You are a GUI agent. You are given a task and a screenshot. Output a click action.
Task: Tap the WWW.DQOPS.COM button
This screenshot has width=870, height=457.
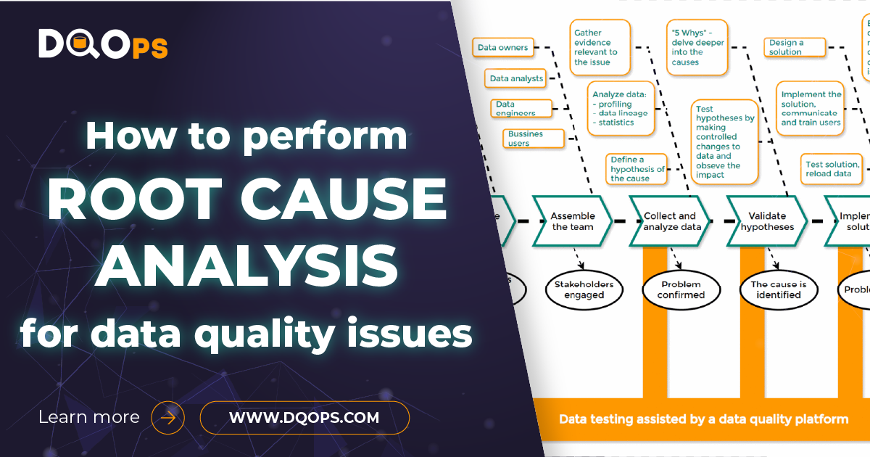tap(304, 418)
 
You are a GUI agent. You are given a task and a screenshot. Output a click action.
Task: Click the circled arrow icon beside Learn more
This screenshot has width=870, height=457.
tap(167, 418)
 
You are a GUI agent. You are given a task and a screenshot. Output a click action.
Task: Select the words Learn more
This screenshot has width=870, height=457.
tap(88, 418)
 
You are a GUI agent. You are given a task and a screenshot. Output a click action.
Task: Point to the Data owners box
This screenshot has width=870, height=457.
tap(503, 48)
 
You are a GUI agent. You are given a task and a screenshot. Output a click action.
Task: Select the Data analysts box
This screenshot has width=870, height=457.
tap(515, 78)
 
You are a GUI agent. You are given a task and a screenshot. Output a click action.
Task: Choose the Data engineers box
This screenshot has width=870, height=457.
tap(520, 109)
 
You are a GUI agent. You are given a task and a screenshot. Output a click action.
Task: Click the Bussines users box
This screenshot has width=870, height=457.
tap(533, 139)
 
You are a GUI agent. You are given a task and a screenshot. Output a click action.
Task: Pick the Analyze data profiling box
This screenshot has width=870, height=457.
tap(621, 108)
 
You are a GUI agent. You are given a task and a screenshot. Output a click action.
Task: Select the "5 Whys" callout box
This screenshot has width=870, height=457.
tap(696, 47)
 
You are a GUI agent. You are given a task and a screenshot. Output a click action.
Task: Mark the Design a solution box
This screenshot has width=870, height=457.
tap(795, 47)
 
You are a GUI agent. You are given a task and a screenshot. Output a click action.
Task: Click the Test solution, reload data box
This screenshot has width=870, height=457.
tap(833, 169)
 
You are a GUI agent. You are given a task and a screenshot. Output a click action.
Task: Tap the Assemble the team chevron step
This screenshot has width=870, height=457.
tap(572, 221)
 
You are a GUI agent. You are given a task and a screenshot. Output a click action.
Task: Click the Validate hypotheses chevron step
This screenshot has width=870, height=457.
tap(767, 221)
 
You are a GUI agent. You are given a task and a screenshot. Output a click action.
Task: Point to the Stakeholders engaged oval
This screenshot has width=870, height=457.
tap(584, 289)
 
